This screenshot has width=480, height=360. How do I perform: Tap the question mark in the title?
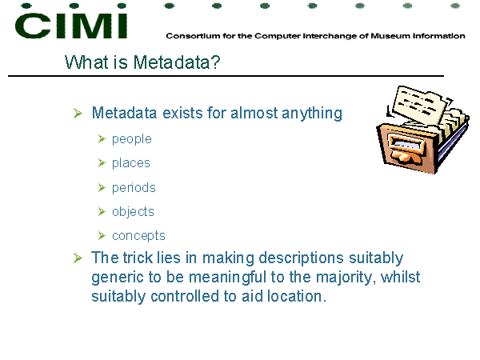(x=215, y=62)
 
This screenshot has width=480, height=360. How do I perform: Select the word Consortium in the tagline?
(x=193, y=36)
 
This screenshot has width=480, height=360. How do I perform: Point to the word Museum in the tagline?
(x=390, y=36)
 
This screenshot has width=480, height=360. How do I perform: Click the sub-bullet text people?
(x=132, y=139)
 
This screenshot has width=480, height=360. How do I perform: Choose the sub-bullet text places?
(x=131, y=163)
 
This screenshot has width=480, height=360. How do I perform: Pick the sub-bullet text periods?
(x=134, y=188)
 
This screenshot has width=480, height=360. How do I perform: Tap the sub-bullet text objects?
(x=133, y=211)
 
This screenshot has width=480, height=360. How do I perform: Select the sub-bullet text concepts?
(x=138, y=236)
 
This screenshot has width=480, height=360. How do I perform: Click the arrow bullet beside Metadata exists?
(x=78, y=114)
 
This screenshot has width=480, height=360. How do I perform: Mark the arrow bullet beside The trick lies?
(x=78, y=258)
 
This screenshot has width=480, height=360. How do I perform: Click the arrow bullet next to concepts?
(x=102, y=236)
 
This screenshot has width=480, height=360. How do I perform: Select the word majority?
(x=344, y=278)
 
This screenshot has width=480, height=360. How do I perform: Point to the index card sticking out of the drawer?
(x=418, y=104)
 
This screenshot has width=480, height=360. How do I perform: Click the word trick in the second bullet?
(x=138, y=258)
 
